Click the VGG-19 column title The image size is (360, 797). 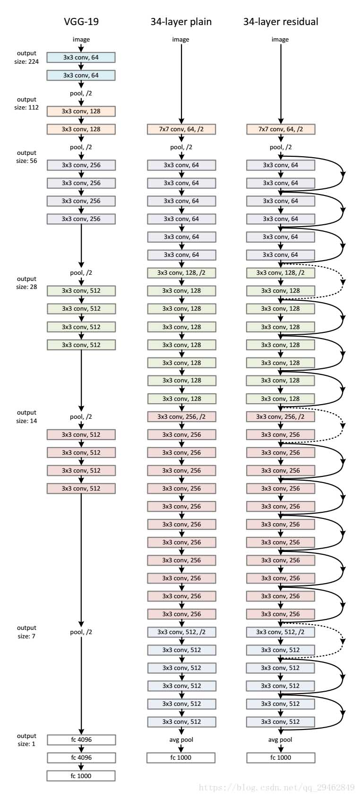[x=81, y=22]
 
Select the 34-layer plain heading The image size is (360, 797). [x=181, y=22]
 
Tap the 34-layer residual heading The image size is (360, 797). [x=281, y=22]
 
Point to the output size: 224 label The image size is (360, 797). [x=26, y=58]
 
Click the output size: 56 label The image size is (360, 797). [x=26, y=157]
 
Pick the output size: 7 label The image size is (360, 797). [x=26, y=632]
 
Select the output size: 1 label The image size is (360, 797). [x=26, y=740]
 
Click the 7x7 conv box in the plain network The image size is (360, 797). [x=181, y=129]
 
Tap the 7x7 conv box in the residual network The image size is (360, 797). [x=281, y=129]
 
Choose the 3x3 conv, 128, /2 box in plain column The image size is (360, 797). [x=181, y=272]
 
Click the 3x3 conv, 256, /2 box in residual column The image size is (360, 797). [x=281, y=416]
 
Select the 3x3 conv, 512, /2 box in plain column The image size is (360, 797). [x=181, y=632]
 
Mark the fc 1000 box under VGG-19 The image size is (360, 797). [x=81, y=776]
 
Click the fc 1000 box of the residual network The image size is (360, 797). [x=281, y=757]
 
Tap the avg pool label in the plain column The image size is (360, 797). [x=181, y=739]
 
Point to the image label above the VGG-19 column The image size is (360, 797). [x=81, y=39]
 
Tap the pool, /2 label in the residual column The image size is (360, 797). [x=281, y=147]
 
